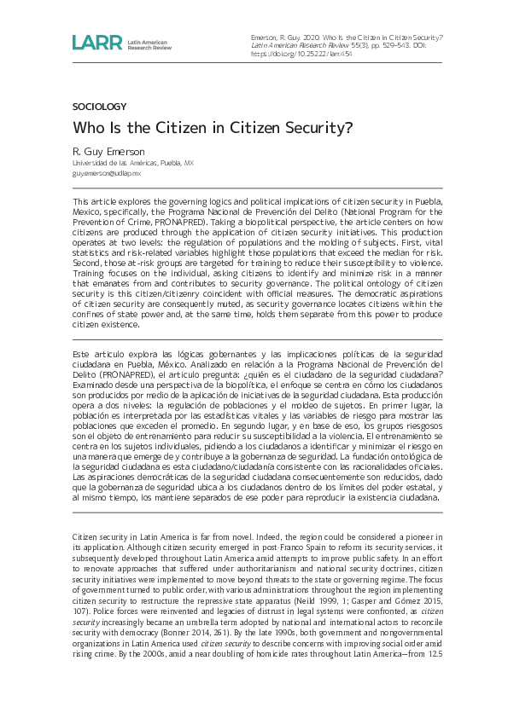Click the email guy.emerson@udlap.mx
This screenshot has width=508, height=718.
(x=106, y=172)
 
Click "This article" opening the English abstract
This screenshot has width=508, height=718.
(x=91, y=200)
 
